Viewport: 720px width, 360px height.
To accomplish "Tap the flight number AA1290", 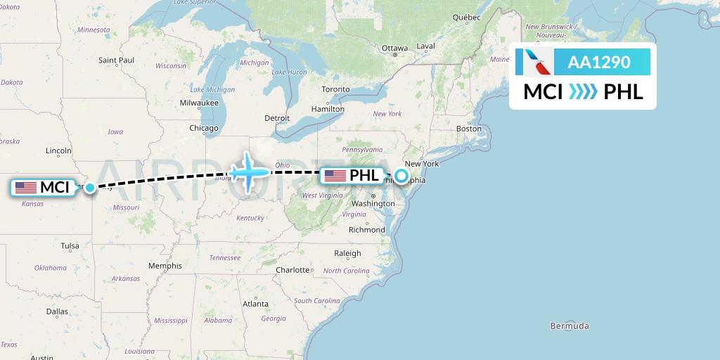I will pos(599,63).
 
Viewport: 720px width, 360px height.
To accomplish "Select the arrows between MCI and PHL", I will pos(583,92).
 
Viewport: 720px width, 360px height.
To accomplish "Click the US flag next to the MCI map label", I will pos(26,188).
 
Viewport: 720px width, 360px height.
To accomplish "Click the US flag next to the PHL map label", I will pos(335,176).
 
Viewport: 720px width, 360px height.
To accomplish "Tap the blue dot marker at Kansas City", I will pos(89,188).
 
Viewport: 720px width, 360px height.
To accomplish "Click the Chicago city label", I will pos(203,128).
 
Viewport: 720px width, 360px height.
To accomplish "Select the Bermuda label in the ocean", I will pos(570,326).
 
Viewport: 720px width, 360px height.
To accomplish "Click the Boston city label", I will pos(469,129).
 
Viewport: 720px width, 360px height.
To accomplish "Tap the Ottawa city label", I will pos(394,48).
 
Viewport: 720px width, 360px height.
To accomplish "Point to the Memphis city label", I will pos(165,266).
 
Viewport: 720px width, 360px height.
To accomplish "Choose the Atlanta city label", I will pos(255,304).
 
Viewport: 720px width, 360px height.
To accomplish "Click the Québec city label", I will pos(466,17).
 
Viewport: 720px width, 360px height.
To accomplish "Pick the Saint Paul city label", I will pos(116,60).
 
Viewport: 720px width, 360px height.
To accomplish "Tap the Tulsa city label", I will pos(70,246).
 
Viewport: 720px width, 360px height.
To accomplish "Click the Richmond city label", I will pos(366,229).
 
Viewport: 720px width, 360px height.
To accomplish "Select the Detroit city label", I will pos(276,118).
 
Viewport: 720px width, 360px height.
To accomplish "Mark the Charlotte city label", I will pos(292,269).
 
